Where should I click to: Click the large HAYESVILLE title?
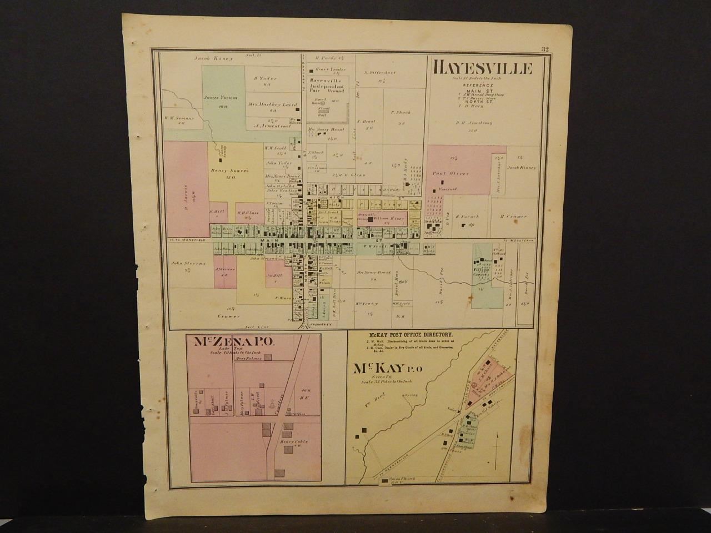click(482, 69)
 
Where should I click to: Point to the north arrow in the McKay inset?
click(494, 444)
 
